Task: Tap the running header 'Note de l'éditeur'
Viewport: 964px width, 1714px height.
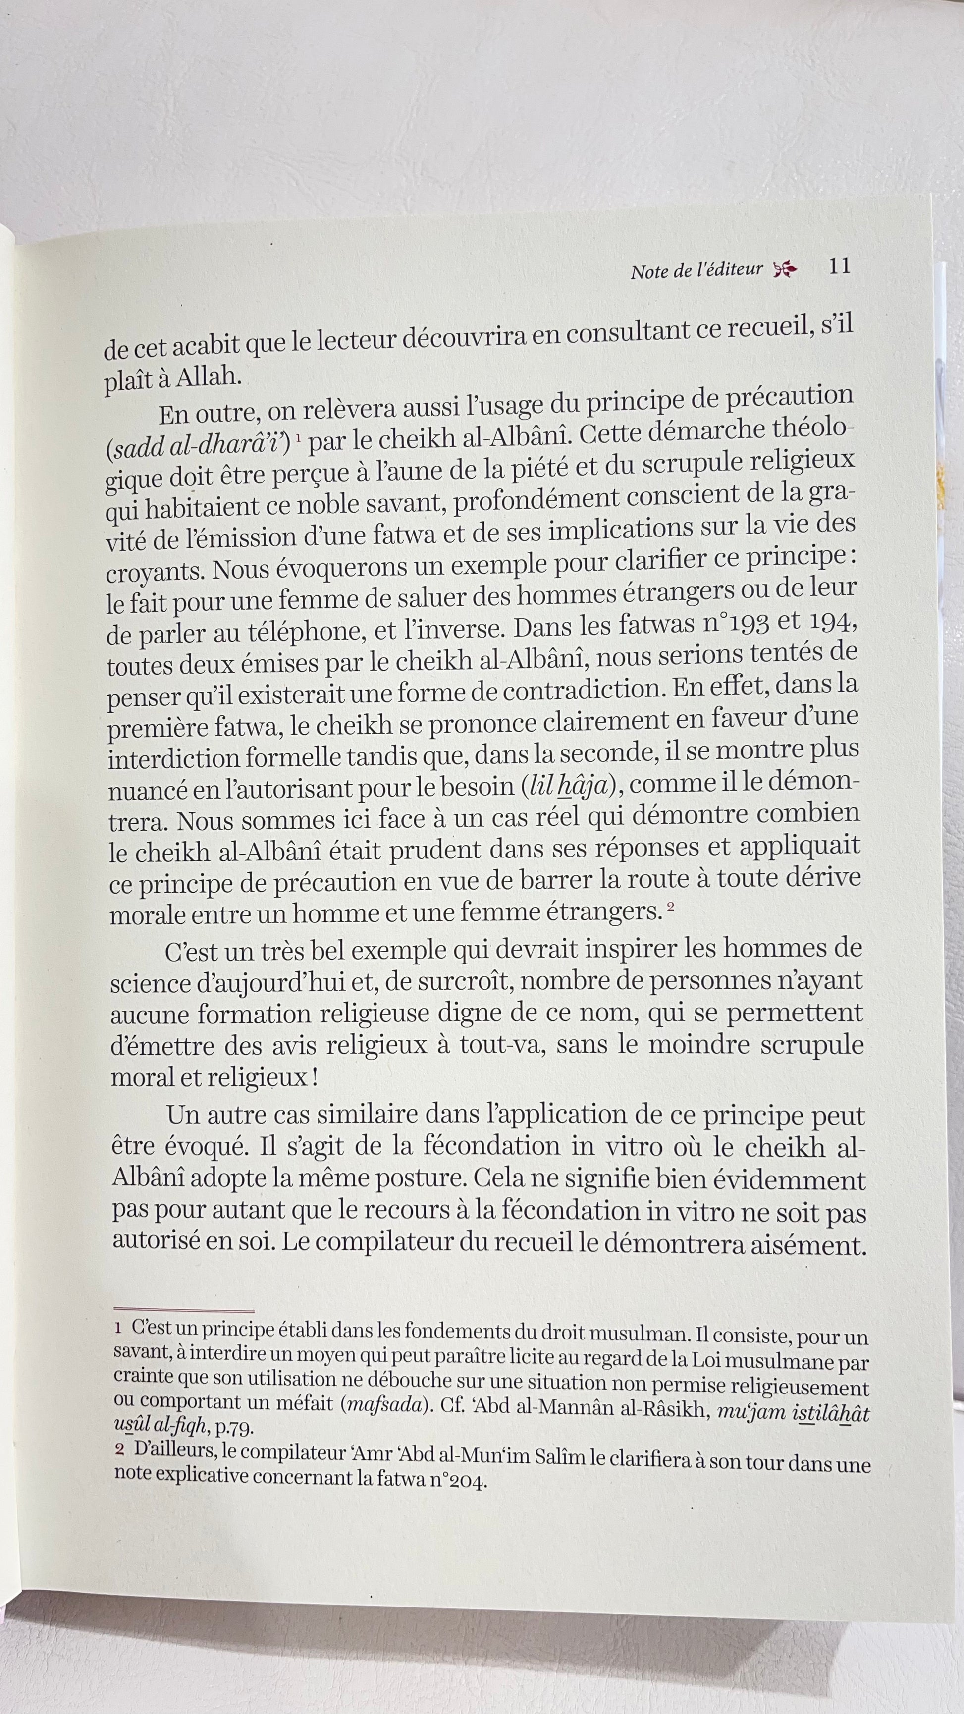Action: click(696, 270)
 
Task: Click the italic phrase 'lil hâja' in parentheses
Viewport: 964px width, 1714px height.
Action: click(572, 787)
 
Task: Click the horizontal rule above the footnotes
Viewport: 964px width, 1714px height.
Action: click(184, 1311)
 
